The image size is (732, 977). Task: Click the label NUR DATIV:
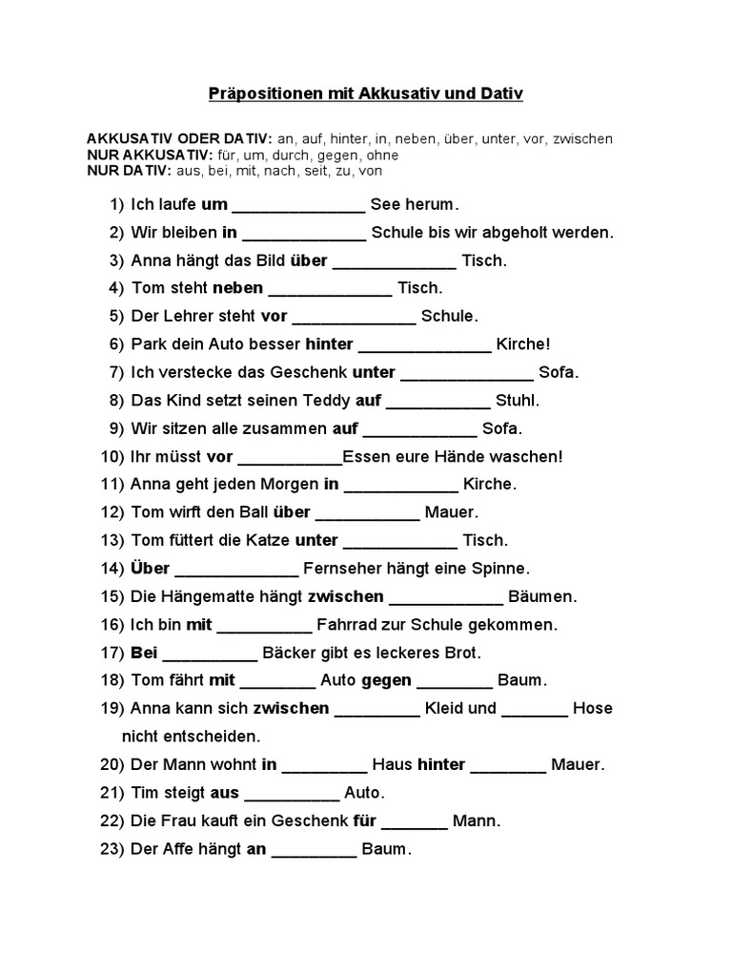127,170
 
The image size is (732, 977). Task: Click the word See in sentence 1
384,204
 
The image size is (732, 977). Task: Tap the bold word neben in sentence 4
237,288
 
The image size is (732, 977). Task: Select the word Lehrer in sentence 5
185,316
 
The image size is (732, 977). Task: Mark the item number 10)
112,457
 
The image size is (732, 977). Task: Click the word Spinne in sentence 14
503,569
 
